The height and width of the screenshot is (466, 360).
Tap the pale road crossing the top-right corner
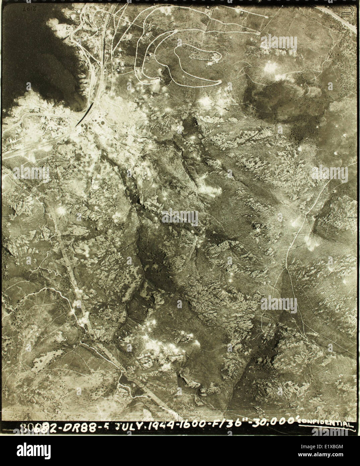pyautogui.click(x=339, y=17)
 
